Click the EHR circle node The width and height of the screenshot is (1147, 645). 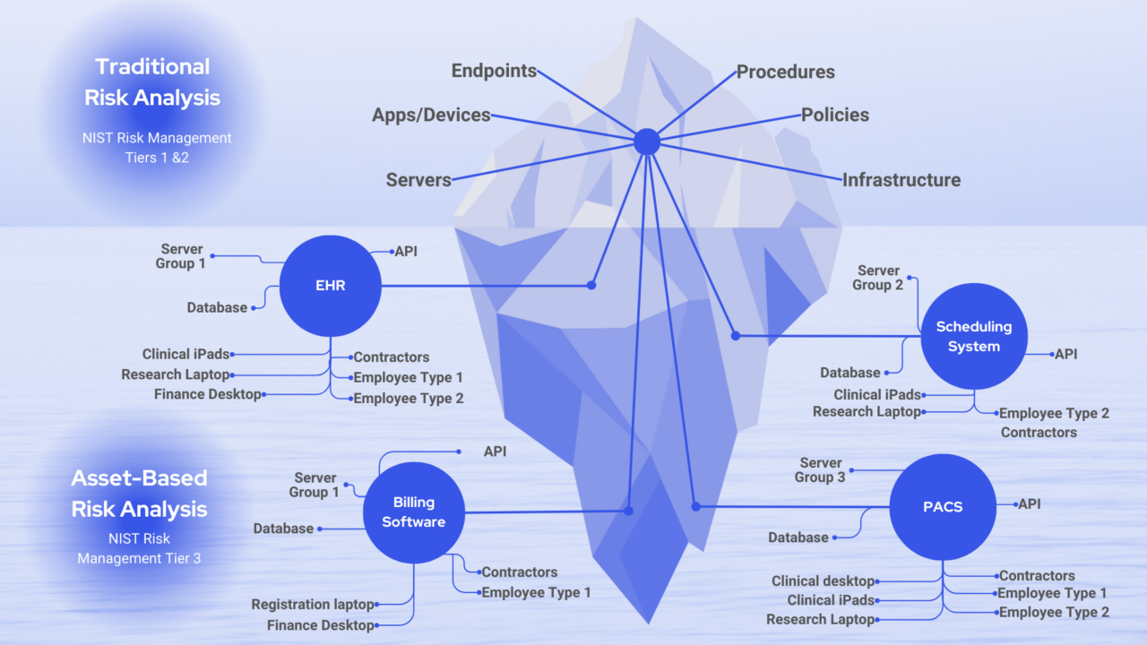[331, 287]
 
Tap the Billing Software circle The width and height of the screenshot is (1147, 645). [413, 512]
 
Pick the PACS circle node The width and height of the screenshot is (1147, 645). [942, 507]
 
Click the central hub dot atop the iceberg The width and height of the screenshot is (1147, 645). [646, 142]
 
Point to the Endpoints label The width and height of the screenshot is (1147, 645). [494, 71]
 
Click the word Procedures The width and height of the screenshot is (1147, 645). [785, 72]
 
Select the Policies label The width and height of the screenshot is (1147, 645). [834, 115]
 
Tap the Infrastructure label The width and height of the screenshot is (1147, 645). [901, 180]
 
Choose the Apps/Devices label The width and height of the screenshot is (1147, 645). [431, 115]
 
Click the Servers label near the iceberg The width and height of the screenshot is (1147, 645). [418, 180]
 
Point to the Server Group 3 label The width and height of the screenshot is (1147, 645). [820, 470]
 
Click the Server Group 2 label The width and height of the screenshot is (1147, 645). [878, 278]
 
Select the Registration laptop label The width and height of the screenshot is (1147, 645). [312, 605]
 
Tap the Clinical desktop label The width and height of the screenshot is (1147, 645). [823, 581]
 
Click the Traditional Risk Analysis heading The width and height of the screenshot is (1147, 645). [152, 82]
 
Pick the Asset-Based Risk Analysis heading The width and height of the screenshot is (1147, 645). [139, 494]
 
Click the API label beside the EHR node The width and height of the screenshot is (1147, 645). [406, 252]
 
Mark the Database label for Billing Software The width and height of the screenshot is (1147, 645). [283, 529]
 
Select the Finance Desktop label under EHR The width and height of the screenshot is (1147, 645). [207, 394]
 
